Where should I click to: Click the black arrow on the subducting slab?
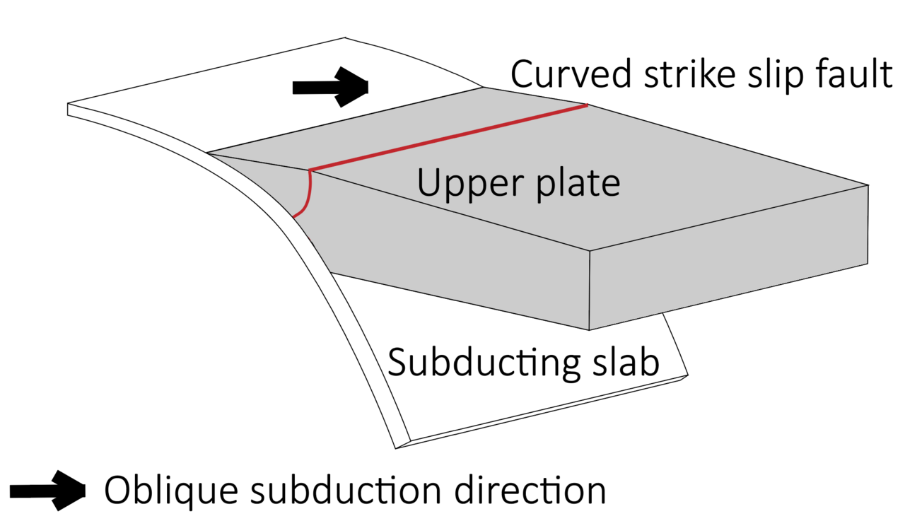tap(330, 87)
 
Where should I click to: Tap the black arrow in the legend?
tap(47, 491)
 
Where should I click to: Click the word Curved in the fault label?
tap(571, 74)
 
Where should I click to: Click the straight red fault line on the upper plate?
tap(448, 137)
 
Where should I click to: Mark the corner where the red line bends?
tap(310, 171)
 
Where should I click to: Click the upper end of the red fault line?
tap(588, 105)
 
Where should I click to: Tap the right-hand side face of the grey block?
tap(728, 257)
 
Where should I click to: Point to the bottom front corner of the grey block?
tap(589, 330)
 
